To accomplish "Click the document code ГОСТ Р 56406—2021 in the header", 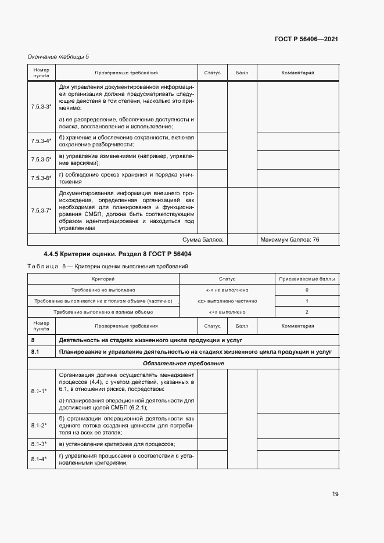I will tap(306, 39).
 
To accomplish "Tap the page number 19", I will tap(335, 494).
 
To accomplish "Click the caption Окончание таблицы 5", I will tap(58, 56).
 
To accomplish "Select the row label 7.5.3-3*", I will tap(41, 107).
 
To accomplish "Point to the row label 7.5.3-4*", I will tap(41, 141).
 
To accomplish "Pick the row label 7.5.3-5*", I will tap(41, 159).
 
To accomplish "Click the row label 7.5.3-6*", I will tap(41, 178).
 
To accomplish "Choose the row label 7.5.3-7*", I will tap(41, 210).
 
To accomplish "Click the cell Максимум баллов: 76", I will tap(290, 239).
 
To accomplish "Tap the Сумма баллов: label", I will tap(203, 239).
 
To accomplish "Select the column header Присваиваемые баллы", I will tap(306, 279).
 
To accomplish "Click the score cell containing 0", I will tap(306, 290).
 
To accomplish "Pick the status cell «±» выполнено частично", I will tap(227, 301).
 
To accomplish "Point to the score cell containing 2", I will tap(306, 312).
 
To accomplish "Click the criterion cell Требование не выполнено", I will tap(103, 290).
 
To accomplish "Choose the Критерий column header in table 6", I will tap(103, 279).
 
